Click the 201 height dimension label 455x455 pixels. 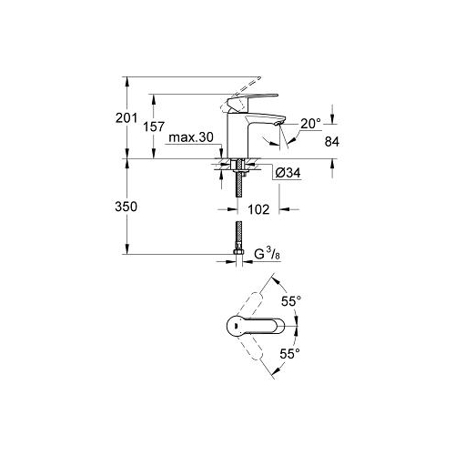[126, 117]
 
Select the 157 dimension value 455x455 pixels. [154, 126]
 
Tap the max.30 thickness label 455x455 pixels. [191, 137]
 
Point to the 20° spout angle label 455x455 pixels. [310, 124]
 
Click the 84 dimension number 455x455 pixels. [332, 142]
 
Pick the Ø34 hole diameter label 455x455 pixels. [288, 173]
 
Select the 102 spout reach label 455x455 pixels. [258, 209]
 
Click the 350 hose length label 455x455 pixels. [126, 207]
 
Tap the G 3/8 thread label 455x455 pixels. [267, 254]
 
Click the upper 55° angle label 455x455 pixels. [291, 301]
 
